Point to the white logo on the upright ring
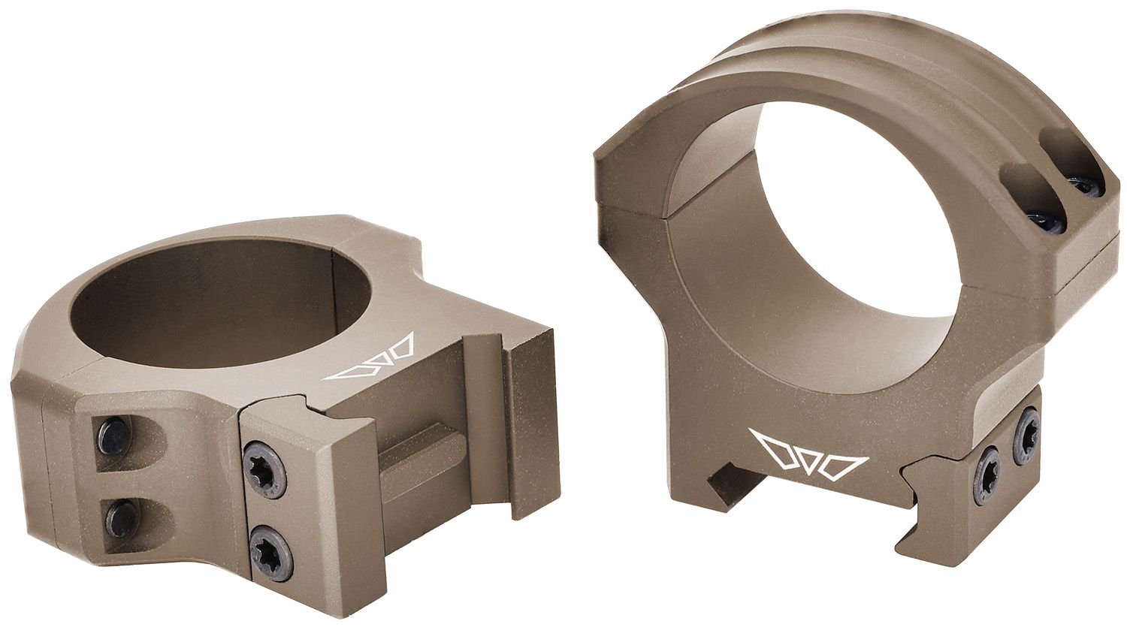click(x=811, y=456)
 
